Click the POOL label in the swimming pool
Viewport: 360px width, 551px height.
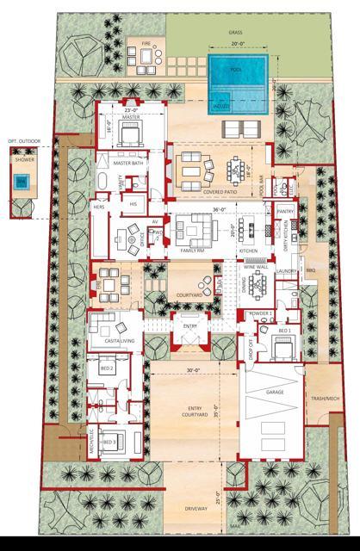pyautogui.click(x=235, y=70)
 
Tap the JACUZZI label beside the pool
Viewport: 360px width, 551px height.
pyautogui.click(x=221, y=105)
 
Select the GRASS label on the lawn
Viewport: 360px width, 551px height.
pyautogui.click(x=236, y=32)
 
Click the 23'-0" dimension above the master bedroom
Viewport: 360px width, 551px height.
pyautogui.click(x=131, y=110)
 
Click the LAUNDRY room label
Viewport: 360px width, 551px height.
pyautogui.click(x=288, y=272)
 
